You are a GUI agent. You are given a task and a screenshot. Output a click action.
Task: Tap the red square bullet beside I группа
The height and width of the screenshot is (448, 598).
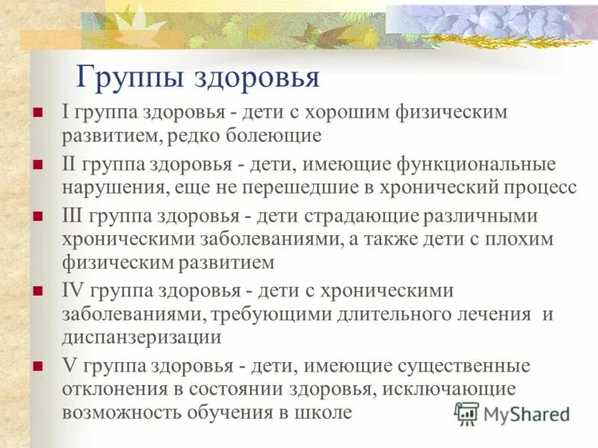[37, 113]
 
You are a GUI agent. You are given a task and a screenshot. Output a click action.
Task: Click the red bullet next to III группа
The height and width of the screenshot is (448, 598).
[37, 216]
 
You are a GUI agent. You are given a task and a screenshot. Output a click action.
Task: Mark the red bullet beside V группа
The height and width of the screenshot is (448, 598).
[37, 367]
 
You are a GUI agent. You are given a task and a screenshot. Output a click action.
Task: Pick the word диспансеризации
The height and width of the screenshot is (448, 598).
[141, 337]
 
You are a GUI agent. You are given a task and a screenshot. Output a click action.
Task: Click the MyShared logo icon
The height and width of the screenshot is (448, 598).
[466, 412]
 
